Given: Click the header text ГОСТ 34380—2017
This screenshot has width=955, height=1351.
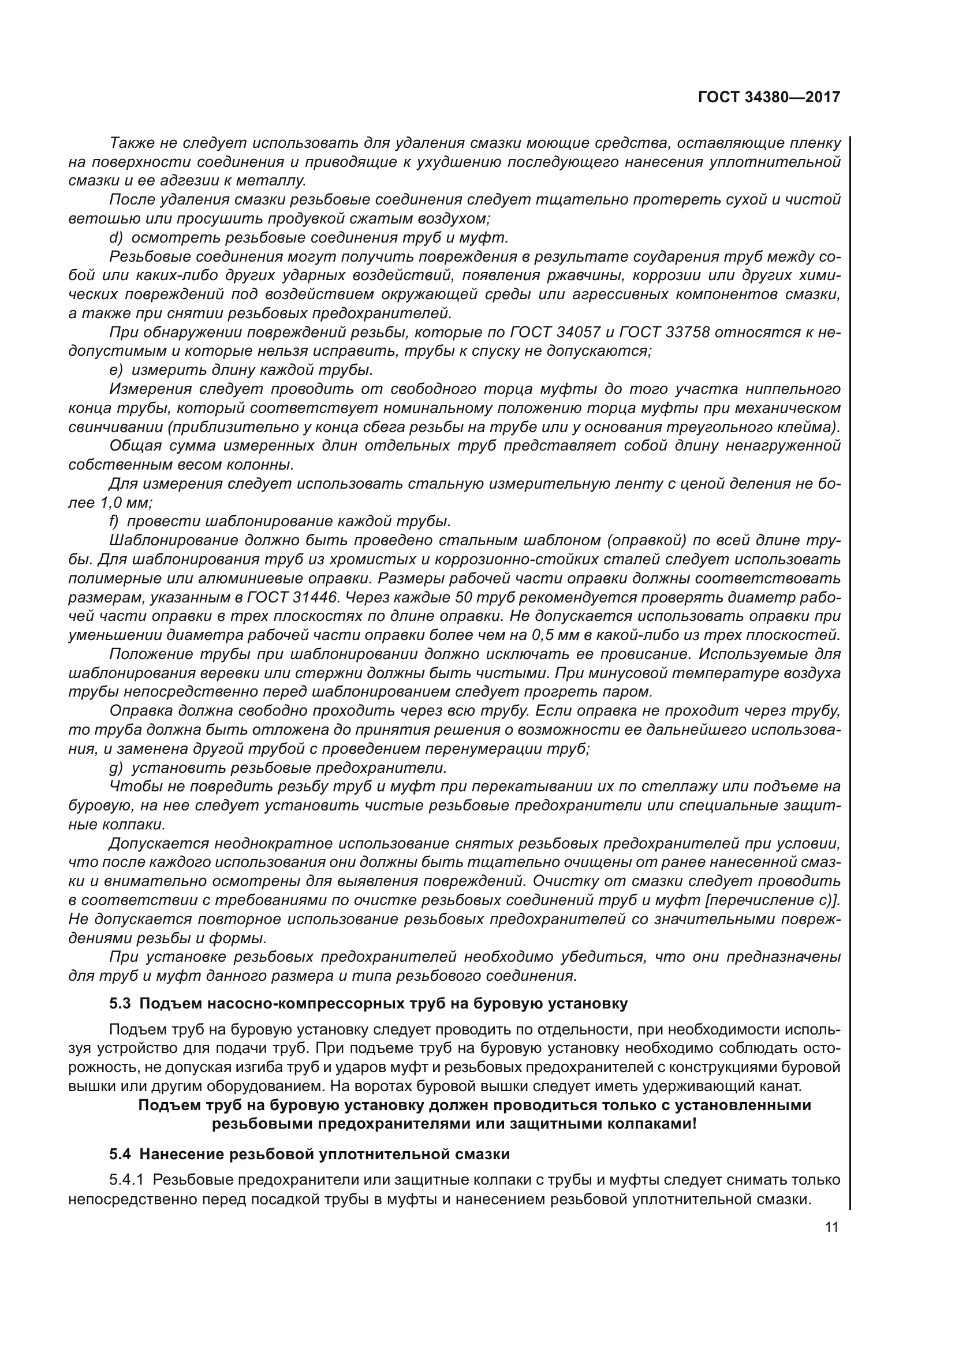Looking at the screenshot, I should pyautogui.click(x=769, y=97).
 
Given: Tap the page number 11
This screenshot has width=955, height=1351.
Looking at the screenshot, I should pyautogui.click(x=831, y=1227).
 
